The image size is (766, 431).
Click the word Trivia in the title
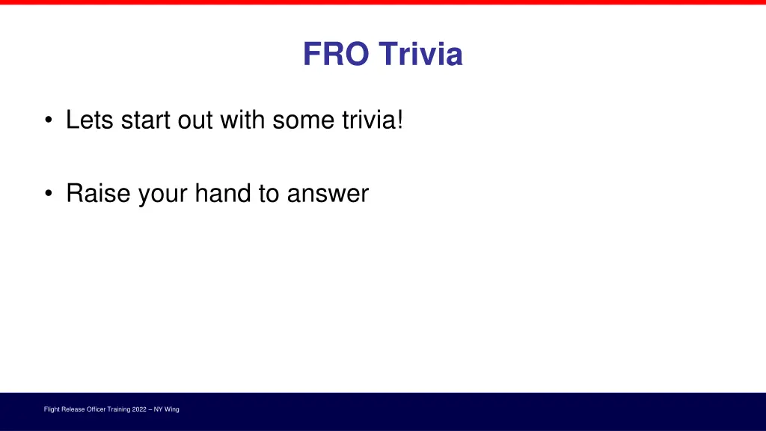coord(420,55)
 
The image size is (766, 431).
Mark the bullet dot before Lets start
coord(49,120)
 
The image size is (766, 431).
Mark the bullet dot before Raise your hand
coord(49,195)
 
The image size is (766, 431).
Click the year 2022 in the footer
coord(139,409)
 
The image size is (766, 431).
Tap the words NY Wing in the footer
coord(166,409)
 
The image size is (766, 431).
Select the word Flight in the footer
coord(52,409)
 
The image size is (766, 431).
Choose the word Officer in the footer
coord(98,409)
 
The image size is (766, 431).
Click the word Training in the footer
coord(120,409)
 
